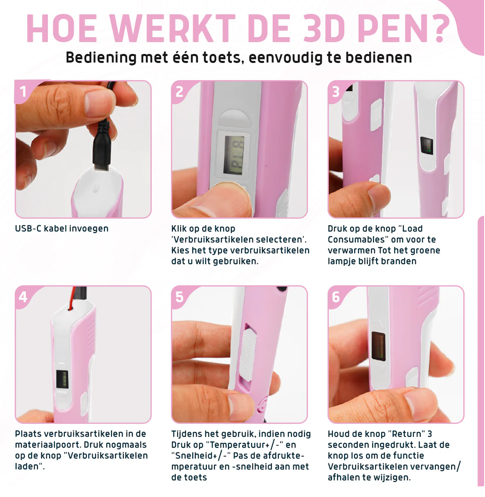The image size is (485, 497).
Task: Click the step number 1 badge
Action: [x=23, y=91]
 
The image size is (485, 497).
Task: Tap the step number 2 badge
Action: [x=180, y=91]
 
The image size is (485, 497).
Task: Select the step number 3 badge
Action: [x=336, y=91]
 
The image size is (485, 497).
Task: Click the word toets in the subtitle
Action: [x=222, y=58]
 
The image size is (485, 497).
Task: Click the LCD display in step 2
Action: [x=234, y=155]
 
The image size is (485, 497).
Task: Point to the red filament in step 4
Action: [x=72, y=298]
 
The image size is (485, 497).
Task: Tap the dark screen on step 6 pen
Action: [x=378, y=346]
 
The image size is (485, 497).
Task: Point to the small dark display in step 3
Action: [x=427, y=146]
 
